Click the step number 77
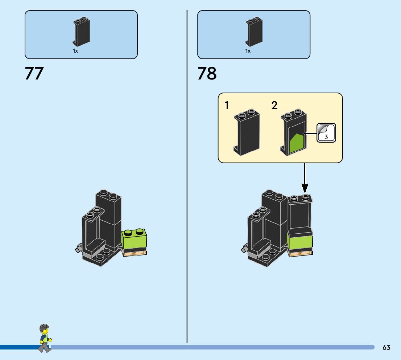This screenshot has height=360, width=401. pyautogui.click(x=34, y=73)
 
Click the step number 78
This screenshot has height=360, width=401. pyautogui.click(x=207, y=73)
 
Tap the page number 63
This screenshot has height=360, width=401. pyautogui.click(x=386, y=348)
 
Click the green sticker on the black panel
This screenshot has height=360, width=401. pyautogui.click(x=297, y=143)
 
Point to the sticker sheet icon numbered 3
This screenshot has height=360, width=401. pyautogui.click(x=326, y=133)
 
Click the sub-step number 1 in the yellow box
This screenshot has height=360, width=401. pyautogui.click(x=227, y=106)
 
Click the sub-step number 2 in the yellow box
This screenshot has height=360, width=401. pyautogui.click(x=274, y=106)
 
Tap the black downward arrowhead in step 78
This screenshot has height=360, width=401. pyautogui.click(x=305, y=188)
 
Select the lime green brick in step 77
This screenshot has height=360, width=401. pyautogui.click(x=135, y=240)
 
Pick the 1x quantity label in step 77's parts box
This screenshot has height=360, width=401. pyautogui.click(x=75, y=51)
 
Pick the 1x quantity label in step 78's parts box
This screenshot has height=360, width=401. pyautogui.click(x=248, y=51)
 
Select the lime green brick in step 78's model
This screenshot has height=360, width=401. pyautogui.click(x=300, y=242)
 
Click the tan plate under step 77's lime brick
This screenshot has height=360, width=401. pyautogui.click(x=135, y=253)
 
